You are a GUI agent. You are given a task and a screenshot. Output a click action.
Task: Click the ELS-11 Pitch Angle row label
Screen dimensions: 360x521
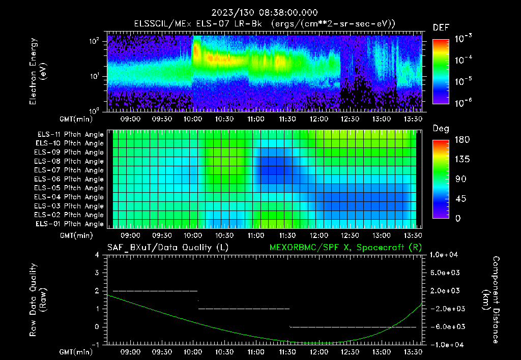70,134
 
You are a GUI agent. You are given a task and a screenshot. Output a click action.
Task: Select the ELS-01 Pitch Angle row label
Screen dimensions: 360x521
70,224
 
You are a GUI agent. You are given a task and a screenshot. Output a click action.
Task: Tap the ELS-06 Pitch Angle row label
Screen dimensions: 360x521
70,179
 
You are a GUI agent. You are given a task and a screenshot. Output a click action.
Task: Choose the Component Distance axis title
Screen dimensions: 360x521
491,299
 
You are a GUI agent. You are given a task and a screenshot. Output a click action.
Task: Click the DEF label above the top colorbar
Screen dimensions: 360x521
441,28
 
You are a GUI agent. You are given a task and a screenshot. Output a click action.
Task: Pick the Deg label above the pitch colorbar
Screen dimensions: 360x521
441,129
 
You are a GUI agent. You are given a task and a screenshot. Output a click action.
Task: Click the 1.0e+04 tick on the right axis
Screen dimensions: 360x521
445,255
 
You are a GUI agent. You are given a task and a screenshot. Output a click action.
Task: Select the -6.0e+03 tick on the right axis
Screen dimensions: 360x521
445,326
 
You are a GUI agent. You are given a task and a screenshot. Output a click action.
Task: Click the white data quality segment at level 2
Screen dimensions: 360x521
155,291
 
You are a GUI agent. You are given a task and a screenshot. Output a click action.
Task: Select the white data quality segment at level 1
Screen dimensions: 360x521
244,309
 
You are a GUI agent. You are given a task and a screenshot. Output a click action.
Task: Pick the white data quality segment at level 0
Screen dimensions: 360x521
353,326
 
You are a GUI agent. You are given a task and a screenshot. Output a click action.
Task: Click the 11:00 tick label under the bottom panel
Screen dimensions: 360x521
255,351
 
